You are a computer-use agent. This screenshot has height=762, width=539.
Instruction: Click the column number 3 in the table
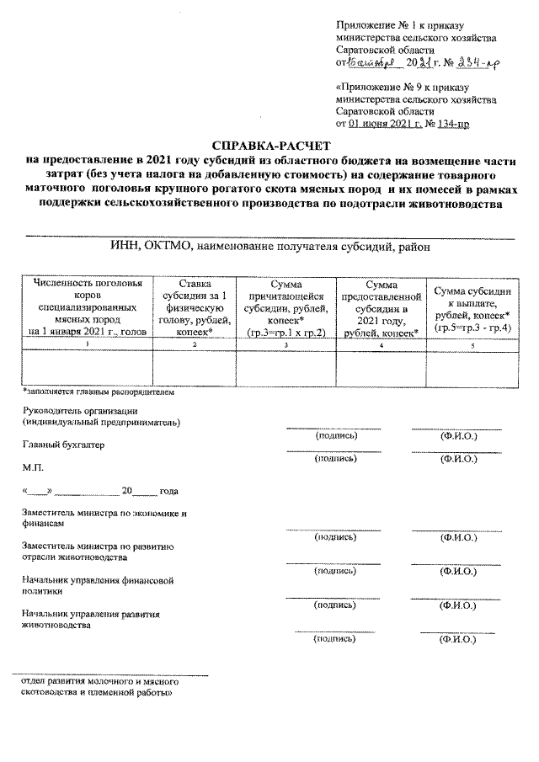287,345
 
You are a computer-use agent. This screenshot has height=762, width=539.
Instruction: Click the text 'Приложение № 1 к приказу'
398,29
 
